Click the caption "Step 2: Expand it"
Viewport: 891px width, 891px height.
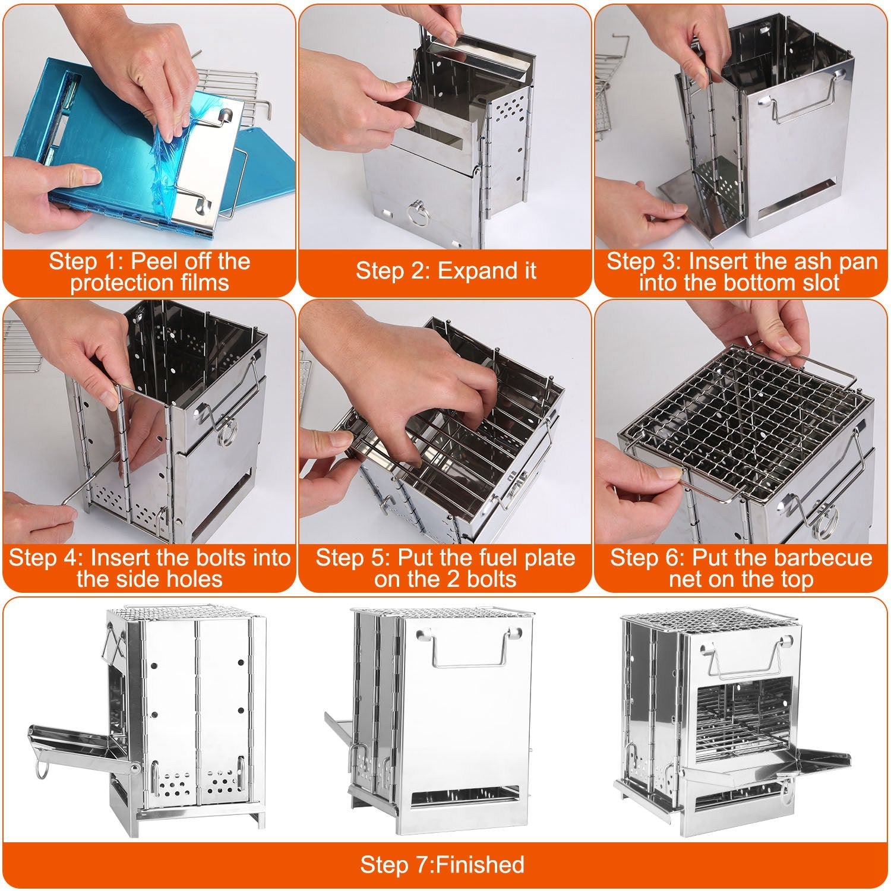445,271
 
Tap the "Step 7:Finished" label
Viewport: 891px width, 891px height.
443,864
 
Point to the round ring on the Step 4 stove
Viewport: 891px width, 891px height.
228,434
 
